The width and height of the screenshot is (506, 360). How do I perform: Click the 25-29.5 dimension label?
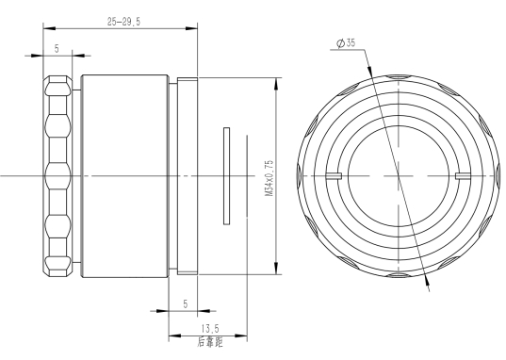pos(124,22)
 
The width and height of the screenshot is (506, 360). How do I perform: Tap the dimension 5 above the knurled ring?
pos(57,49)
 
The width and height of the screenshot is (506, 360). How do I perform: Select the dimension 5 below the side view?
pos(186,303)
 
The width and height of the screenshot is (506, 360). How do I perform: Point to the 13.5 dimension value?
pos(210,329)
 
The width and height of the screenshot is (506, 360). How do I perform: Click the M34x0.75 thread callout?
pos(269,177)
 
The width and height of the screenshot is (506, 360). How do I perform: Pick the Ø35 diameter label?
pos(346,42)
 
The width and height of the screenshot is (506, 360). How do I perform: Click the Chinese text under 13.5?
pos(210,342)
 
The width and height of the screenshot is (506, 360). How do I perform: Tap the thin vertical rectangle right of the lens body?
pos(226,176)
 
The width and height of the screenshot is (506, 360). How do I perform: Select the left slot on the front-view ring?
pos(334,176)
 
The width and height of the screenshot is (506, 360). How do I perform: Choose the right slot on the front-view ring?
pos(464,176)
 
